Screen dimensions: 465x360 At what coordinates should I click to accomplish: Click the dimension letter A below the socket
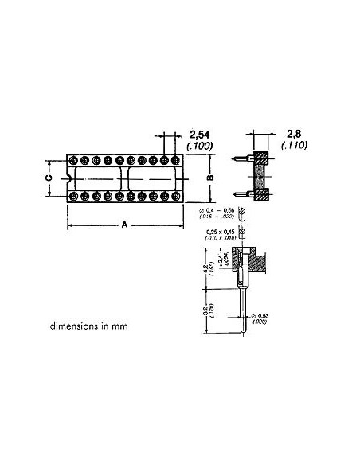124,225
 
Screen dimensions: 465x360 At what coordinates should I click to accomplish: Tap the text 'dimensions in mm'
87,326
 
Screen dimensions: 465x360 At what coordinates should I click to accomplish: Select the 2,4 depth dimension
221,259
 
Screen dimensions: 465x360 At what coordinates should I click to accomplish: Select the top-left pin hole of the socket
74,159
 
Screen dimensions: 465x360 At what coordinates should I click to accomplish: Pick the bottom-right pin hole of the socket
175,195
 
